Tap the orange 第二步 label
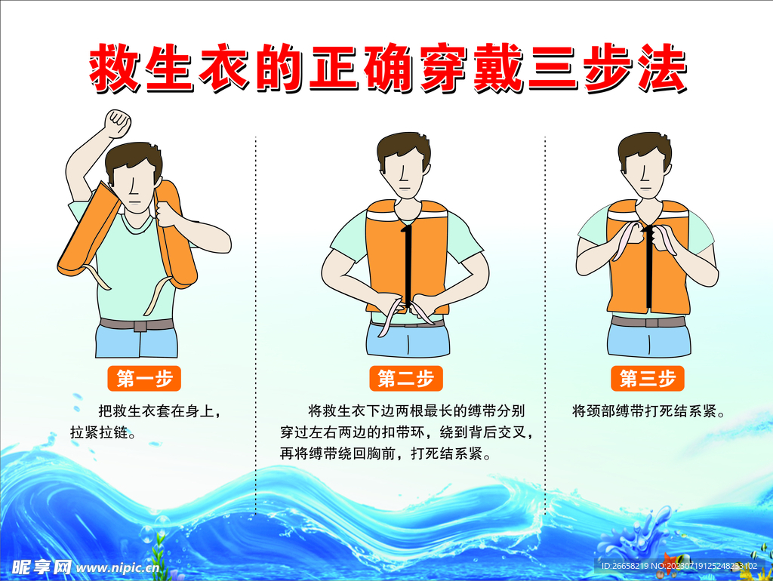tap(405, 379)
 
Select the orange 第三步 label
tap(647, 379)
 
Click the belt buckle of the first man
tap(140, 326)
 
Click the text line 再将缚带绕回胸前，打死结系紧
tap(385, 455)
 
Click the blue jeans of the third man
tap(648, 341)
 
